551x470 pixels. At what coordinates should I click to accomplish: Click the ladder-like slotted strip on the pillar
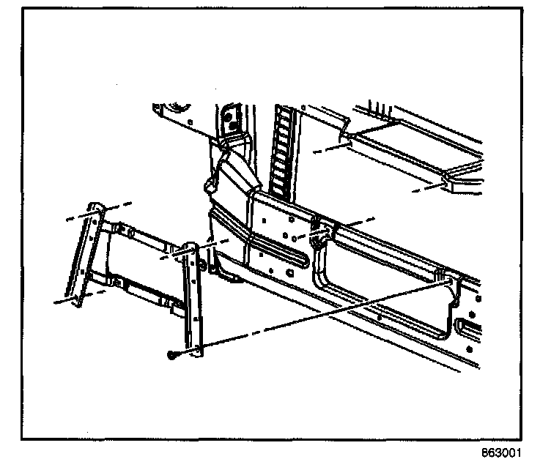[279, 150]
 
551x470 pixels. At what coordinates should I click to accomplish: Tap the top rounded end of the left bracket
[94, 208]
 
